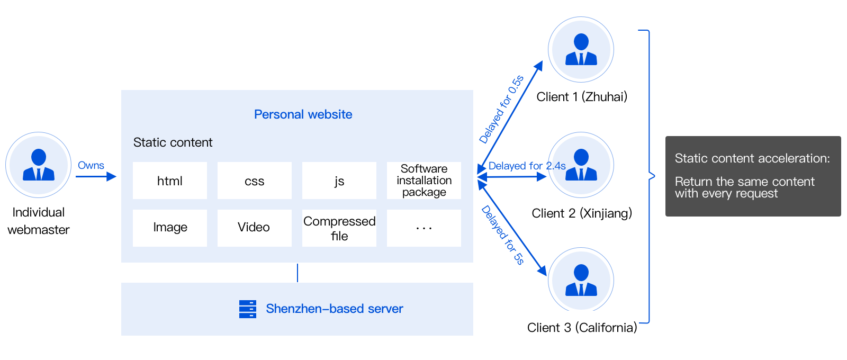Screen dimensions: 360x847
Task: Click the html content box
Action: [x=169, y=181]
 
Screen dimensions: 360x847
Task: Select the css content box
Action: [x=254, y=181]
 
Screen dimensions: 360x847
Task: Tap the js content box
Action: [x=339, y=181]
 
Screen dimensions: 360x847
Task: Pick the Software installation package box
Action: [x=424, y=181]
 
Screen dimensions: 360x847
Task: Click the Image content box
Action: [x=169, y=228]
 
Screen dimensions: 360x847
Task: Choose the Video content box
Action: [x=254, y=228]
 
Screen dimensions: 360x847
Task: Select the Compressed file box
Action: [x=339, y=228]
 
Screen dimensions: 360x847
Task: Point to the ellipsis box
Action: [x=424, y=228]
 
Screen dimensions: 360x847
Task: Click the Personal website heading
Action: [x=303, y=114]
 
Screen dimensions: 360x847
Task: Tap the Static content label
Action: [x=173, y=142]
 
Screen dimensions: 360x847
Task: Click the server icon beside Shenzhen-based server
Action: [x=247, y=309]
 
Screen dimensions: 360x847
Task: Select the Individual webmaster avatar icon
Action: [x=39, y=165]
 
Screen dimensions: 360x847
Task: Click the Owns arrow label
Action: [x=91, y=166]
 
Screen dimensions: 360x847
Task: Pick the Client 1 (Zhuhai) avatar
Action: [x=581, y=50]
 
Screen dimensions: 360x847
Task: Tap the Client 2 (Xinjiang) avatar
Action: [x=581, y=165]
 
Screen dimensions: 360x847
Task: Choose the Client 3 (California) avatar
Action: [x=581, y=280]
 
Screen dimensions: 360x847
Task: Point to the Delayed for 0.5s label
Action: [x=501, y=110]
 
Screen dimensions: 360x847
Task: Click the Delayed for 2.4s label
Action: [x=527, y=166]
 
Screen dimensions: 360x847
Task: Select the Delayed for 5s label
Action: [x=502, y=235]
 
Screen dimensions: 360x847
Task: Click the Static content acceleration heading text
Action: [x=752, y=158]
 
